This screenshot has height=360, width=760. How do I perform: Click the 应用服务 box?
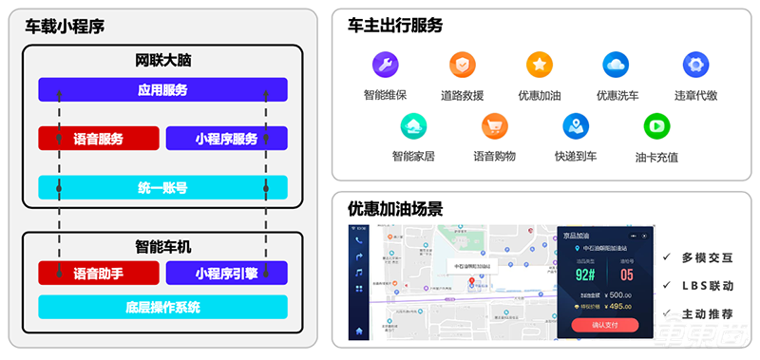coord(162,90)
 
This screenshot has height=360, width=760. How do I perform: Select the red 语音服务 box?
coord(98,139)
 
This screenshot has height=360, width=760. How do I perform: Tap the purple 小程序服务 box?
coord(226,139)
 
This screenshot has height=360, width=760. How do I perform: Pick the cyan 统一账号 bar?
coord(162,187)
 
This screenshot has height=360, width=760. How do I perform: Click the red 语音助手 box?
coord(98,274)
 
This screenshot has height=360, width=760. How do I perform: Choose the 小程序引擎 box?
coord(226,274)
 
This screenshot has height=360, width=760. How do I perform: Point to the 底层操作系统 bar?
coord(162,307)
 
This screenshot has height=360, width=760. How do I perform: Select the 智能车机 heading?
coord(162,247)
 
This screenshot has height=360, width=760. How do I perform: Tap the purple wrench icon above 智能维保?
coord(385,66)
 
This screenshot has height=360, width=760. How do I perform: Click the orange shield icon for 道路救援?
coord(463,66)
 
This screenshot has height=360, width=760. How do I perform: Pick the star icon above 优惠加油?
coord(540,66)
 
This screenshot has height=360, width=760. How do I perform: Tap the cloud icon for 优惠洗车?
coord(617,66)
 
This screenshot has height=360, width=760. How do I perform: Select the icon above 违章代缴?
coord(695,66)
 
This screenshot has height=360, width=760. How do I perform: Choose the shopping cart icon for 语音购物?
coord(494,125)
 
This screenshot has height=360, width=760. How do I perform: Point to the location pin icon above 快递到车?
coord(575,125)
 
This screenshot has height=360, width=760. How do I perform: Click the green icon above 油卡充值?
coord(655,125)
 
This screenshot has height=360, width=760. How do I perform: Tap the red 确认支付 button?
coord(604,326)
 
